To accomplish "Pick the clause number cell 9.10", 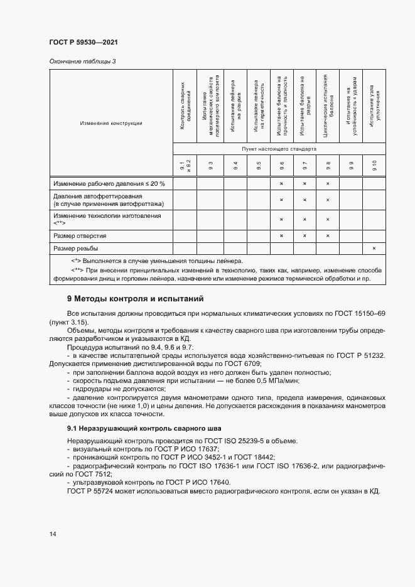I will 374,166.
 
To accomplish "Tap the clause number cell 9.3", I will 210,166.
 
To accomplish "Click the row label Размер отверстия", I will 80,235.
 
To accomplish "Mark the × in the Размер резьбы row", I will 374,248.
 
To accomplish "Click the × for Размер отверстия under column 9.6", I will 281,235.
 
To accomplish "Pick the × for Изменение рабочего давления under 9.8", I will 327,183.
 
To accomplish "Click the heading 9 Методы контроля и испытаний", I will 135,298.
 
